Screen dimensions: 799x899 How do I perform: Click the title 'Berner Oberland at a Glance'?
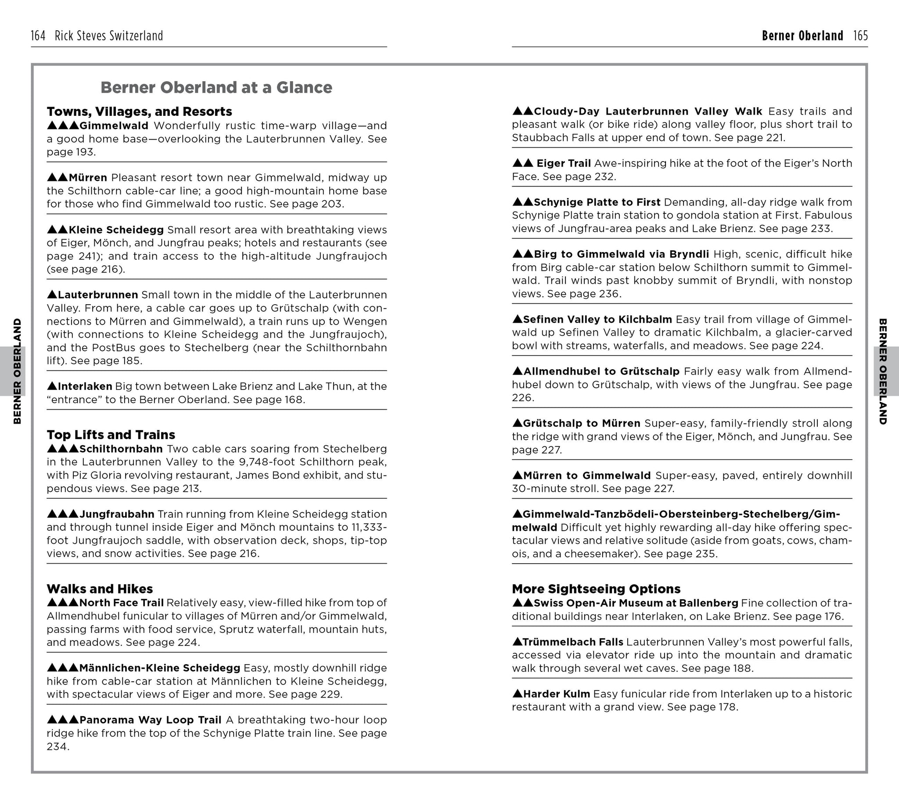(x=216, y=87)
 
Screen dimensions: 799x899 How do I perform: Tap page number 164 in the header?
(x=38, y=36)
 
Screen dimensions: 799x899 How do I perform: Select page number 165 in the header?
(x=860, y=36)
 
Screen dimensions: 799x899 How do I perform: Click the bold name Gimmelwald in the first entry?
(x=114, y=126)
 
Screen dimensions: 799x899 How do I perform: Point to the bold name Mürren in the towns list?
(x=88, y=178)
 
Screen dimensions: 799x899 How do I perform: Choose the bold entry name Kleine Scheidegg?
(x=116, y=230)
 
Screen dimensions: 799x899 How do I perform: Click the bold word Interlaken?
(x=85, y=386)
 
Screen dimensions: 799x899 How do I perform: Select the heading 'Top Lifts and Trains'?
(x=111, y=435)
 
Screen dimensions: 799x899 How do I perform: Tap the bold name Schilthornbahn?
(x=121, y=449)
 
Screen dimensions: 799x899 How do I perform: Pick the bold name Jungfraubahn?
(x=117, y=514)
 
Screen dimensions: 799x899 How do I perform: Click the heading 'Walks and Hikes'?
(x=100, y=589)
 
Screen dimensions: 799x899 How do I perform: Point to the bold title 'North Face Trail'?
(x=122, y=602)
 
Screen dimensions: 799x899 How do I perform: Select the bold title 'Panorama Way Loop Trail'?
(x=150, y=720)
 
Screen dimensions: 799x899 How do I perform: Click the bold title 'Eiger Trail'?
(x=564, y=163)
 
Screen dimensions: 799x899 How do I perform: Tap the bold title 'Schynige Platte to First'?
(x=597, y=202)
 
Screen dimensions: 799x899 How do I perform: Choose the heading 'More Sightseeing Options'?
(x=596, y=589)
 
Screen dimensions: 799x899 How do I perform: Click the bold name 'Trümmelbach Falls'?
(x=573, y=642)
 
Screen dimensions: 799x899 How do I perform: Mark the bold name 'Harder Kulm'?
(x=556, y=694)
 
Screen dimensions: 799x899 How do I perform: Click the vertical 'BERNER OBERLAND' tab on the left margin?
(x=17, y=371)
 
